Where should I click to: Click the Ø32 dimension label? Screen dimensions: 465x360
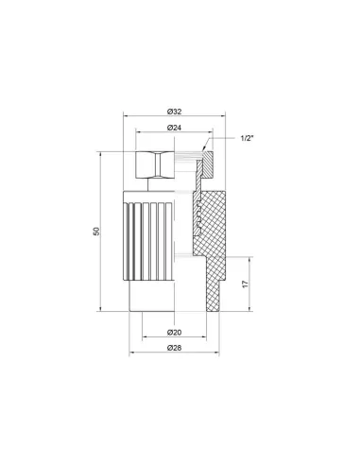coord(175,110)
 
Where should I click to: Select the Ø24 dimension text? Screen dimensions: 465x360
coord(175,128)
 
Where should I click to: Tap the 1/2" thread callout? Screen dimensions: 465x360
coord(246,139)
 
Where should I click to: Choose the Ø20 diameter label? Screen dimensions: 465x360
coord(175,332)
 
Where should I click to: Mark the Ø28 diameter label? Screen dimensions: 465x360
coord(175,350)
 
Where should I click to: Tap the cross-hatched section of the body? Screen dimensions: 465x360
coord(225,232)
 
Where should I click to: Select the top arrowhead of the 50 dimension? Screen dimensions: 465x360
coord(104,152)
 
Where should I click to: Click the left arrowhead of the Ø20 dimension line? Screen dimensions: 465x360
coord(144,339)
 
